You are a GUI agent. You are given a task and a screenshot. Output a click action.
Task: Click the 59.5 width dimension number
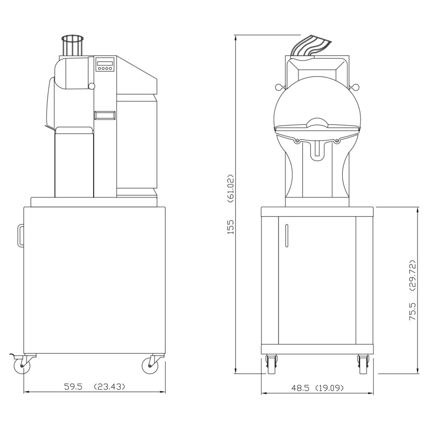[73, 386]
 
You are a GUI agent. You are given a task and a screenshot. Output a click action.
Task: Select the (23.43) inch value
[109, 386]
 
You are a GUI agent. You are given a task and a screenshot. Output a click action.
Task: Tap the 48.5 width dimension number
[300, 387]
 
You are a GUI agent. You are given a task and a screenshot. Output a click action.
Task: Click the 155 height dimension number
[230, 227]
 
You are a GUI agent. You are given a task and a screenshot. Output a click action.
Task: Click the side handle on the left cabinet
[20, 235]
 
